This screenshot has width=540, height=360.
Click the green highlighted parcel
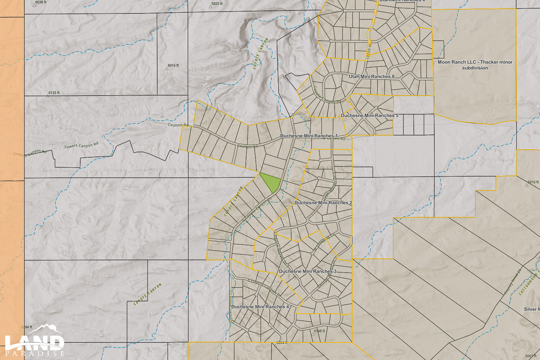(270, 182)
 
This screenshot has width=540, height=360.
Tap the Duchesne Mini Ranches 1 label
(308, 136)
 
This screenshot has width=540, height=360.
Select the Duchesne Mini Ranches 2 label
(323, 203)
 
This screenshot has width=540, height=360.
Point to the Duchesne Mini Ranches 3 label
(307, 271)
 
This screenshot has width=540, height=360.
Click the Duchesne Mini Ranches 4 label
(260, 307)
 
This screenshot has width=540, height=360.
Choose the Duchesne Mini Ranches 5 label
(369, 116)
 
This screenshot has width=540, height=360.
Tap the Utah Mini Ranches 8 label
(371, 77)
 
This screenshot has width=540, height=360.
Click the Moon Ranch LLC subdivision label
(475, 65)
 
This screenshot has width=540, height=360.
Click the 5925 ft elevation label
(217, 4)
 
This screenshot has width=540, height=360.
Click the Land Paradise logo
(34, 341)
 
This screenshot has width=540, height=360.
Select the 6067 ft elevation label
(531, 356)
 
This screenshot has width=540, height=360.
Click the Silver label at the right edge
(531, 309)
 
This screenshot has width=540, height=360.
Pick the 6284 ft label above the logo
(27, 328)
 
